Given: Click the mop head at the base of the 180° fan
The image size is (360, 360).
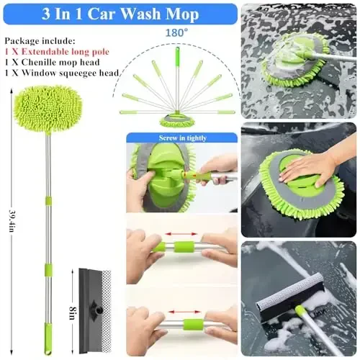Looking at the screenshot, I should point(177,120).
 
